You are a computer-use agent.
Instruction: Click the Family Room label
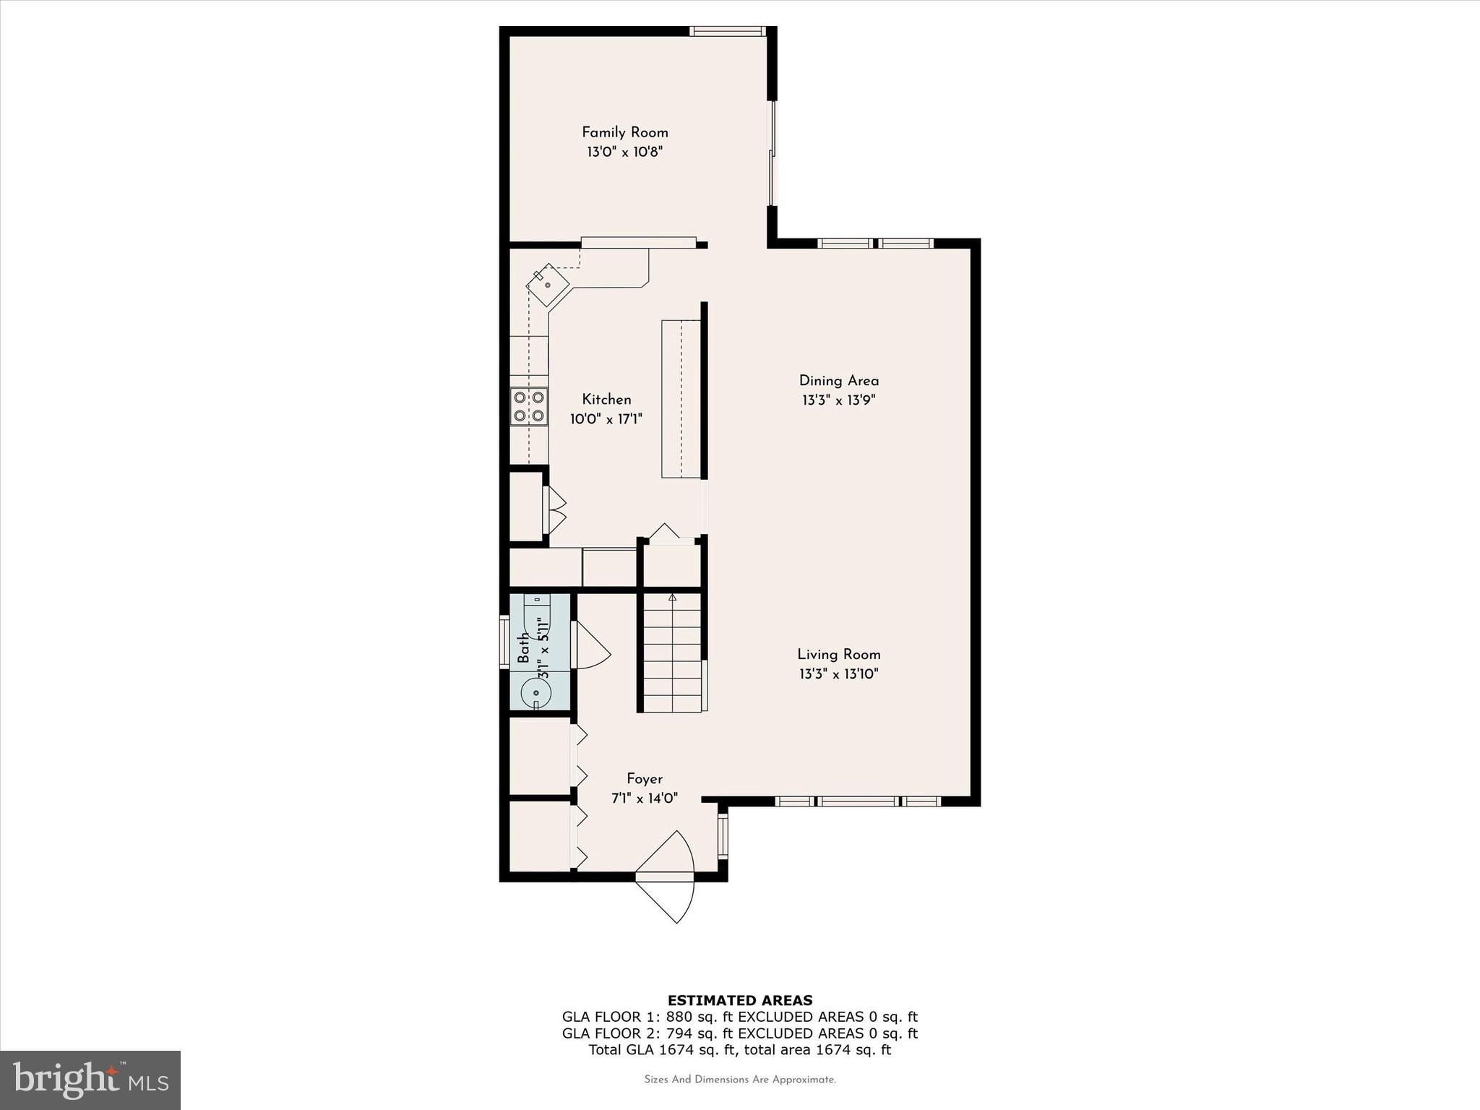tap(624, 132)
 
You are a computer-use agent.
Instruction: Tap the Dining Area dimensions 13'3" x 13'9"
tap(838, 400)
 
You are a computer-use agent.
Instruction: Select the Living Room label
tap(838, 654)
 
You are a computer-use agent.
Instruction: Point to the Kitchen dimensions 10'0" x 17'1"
tap(606, 419)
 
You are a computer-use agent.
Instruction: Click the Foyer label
tap(644, 779)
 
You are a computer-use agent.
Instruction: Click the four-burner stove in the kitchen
tap(528, 406)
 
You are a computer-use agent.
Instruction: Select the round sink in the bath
tap(535, 692)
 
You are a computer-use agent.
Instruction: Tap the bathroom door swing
tap(590, 645)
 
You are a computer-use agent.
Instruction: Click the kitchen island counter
tap(681, 399)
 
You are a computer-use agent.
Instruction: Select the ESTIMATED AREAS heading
tap(739, 1001)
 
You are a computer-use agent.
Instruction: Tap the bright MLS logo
tap(90, 1080)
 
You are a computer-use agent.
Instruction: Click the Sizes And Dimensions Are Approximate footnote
tap(739, 1080)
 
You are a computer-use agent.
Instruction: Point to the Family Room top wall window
tap(727, 31)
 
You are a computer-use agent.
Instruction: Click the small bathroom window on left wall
tap(504, 641)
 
